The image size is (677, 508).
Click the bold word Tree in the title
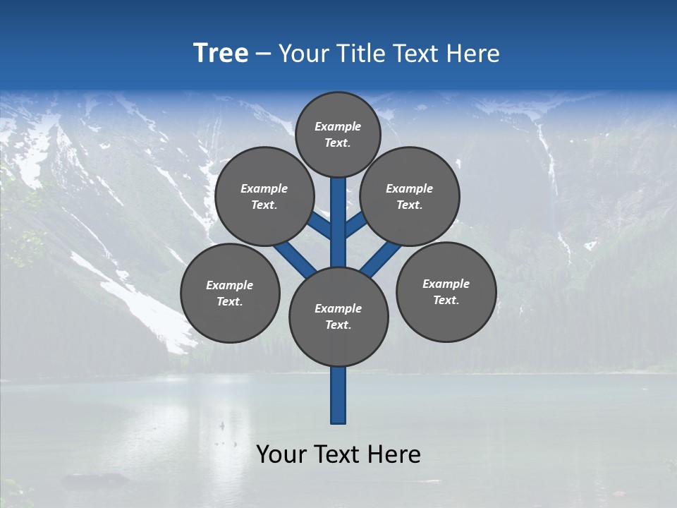click(x=221, y=54)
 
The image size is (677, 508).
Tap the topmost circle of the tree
click(x=338, y=134)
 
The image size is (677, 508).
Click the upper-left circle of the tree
click(x=264, y=196)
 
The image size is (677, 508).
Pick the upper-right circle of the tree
click(x=409, y=196)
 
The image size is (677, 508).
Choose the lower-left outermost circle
click(x=230, y=293)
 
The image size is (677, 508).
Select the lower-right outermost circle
click(x=446, y=291)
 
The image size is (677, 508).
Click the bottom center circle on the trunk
click(x=338, y=316)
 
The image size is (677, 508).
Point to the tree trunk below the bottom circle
click(x=338, y=395)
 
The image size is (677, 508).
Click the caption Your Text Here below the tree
click(x=338, y=454)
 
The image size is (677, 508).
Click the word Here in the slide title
click(x=474, y=54)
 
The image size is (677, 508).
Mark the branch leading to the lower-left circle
click(x=295, y=258)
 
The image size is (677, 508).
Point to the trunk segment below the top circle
click(x=338, y=212)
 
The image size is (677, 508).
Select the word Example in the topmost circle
click(x=338, y=126)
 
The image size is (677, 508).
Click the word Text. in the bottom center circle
click(x=338, y=325)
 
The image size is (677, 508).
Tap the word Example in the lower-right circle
click(x=446, y=284)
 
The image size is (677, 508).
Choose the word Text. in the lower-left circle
click(x=229, y=301)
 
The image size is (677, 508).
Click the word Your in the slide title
click(x=303, y=54)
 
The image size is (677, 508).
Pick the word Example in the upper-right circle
click(x=409, y=188)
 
